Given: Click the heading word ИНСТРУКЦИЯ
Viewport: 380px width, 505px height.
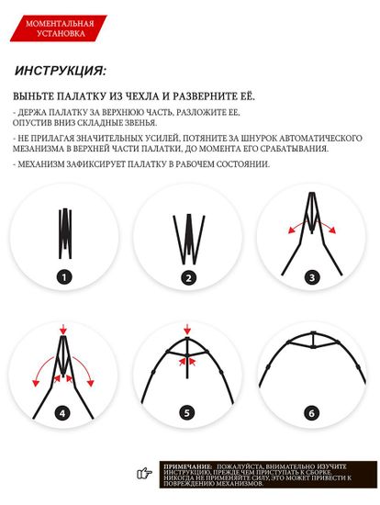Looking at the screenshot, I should pos(61,70).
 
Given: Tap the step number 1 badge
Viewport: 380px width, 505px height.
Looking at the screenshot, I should pos(64,276).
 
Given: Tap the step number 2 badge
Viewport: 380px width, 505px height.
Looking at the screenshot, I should pos(188,276).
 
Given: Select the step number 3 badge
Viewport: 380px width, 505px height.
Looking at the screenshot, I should pos(311,276).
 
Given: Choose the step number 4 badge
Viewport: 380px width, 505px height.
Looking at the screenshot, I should pos(64,413).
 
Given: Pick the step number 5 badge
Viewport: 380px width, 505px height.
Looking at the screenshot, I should pos(188,413).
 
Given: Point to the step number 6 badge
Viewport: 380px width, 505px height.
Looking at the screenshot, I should pos(311,413).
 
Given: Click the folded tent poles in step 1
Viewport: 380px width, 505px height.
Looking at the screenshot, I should pos(65,234).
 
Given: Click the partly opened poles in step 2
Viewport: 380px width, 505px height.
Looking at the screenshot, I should pos(188,237).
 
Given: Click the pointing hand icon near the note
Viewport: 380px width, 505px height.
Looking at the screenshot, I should pos(144,473).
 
